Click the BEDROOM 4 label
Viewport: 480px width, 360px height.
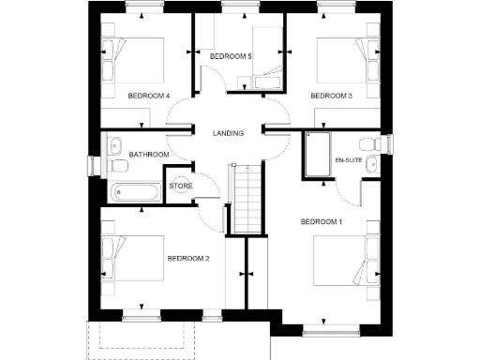(147, 96)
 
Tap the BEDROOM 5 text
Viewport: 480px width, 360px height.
(231, 57)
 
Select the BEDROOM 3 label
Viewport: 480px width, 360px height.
(331, 96)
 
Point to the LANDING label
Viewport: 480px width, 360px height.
(228, 133)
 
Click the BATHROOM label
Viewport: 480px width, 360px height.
(149, 155)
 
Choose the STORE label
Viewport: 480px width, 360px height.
(181, 186)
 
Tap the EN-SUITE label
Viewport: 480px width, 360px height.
(349, 160)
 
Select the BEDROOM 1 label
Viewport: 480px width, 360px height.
(322, 221)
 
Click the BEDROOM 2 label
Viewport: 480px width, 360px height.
(187, 258)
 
